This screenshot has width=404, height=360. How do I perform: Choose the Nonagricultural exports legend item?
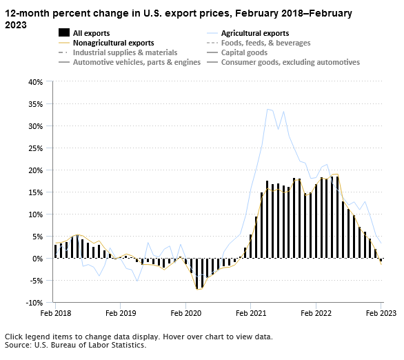click(x=112, y=43)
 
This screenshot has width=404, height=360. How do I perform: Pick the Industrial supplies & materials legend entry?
click(x=125, y=52)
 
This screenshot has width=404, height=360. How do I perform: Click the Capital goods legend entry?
click(x=251, y=52)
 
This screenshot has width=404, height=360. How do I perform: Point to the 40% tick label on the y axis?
click(x=34, y=82)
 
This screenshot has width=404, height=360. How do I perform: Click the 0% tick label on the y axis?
click(x=37, y=259)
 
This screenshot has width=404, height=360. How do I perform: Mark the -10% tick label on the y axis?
click(x=33, y=303)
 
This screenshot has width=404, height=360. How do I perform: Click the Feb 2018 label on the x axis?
click(x=55, y=313)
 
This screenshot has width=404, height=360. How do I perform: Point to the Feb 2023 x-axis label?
click(x=381, y=313)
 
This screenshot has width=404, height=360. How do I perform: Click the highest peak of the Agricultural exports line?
click(x=267, y=109)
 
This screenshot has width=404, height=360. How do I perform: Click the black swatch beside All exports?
click(x=63, y=33)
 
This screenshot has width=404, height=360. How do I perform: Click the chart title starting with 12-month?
click(x=179, y=19)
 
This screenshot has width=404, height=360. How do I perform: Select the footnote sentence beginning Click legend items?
click(x=138, y=337)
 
